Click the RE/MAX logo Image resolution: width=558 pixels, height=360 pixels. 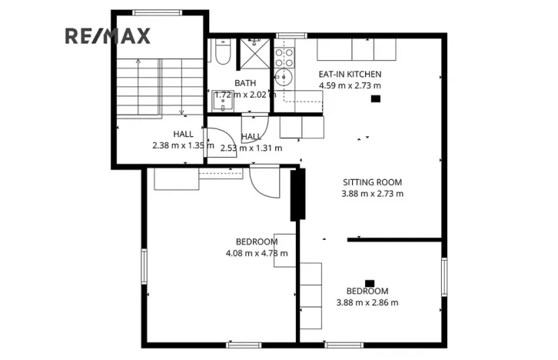(108, 35)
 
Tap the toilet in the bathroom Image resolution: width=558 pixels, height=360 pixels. (221, 53)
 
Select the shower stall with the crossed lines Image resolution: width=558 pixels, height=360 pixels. (253, 53)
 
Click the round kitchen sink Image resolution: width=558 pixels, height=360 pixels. (282, 78)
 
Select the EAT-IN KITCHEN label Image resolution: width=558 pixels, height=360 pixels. (350, 74)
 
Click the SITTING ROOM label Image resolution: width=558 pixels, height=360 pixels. (372, 182)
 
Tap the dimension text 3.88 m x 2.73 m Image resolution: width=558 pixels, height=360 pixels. (372, 194)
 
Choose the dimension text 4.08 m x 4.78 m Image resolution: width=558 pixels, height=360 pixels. (257, 253)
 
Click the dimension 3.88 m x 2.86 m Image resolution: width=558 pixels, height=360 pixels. (367, 302)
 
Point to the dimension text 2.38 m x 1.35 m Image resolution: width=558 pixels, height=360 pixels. (183, 144)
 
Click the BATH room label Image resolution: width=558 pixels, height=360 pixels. (245, 83)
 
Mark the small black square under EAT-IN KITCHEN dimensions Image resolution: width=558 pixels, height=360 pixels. (375, 98)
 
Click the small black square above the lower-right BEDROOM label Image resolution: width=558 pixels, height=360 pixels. (370, 282)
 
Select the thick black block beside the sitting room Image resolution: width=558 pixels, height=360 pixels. (297, 195)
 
